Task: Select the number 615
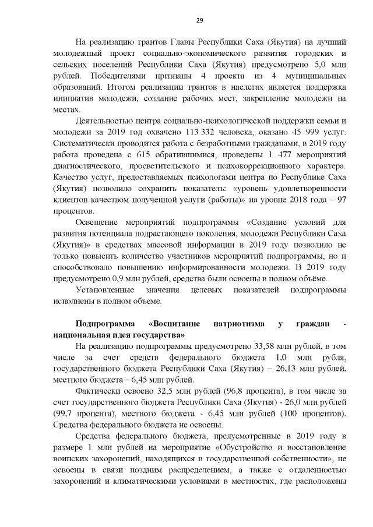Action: click(152, 154)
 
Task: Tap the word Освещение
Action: click(98, 222)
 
